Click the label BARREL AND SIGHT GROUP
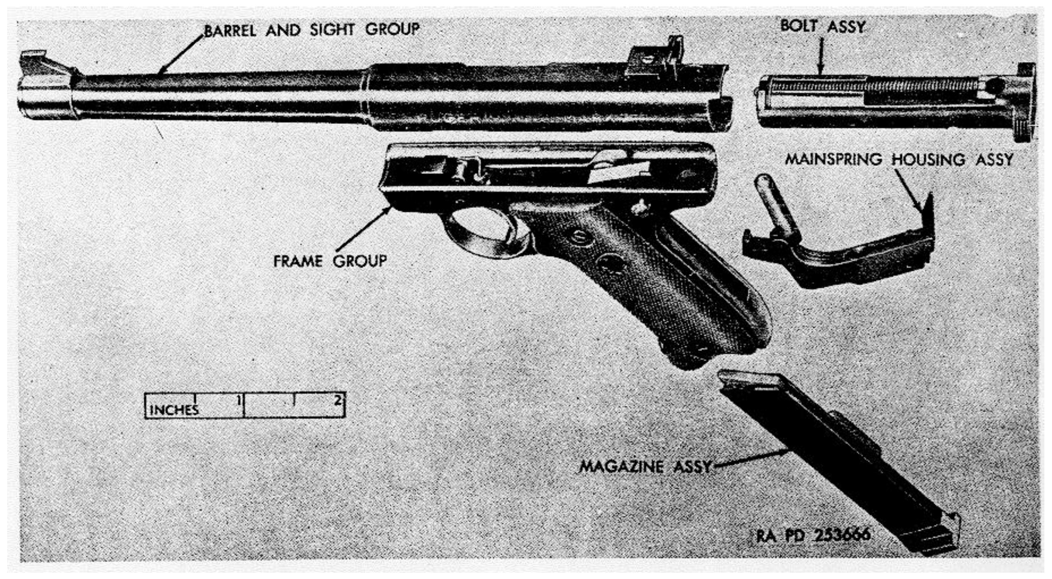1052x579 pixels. pyautogui.click(x=312, y=30)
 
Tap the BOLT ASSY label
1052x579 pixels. pyautogui.click(x=823, y=26)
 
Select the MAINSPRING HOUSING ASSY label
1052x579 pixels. pyautogui.click(x=899, y=160)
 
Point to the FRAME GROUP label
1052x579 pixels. pyautogui.click(x=330, y=261)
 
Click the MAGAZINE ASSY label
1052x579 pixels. pyautogui.click(x=645, y=467)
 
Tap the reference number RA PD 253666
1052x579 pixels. pyautogui.click(x=813, y=535)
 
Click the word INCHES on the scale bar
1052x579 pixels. pyautogui.click(x=174, y=410)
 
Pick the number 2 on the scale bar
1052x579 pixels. pyautogui.click(x=338, y=400)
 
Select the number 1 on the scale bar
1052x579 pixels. pyautogui.click(x=239, y=400)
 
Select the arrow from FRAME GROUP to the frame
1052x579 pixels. pyautogui.click(x=363, y=228)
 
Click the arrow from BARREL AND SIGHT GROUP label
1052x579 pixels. pyautogui.click(x=181, y=54)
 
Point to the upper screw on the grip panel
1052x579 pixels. pyautogui.click(x=580, y=236)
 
